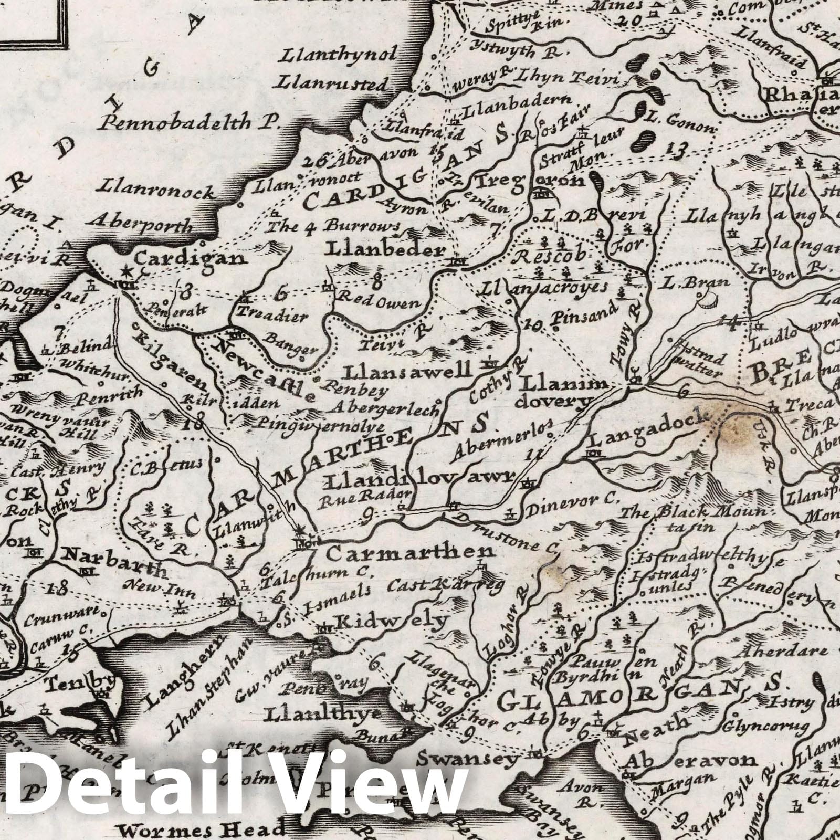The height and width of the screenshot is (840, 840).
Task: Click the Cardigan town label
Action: pos(190,258)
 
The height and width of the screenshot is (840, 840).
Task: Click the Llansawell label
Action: pos(407,372)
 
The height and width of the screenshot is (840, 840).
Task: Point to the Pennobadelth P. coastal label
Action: pos(190,122)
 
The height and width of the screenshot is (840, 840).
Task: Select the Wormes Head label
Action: pos(202,830)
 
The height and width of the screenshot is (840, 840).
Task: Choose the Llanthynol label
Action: pos(345,55)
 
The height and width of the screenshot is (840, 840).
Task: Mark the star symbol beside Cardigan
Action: pos(126,271)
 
